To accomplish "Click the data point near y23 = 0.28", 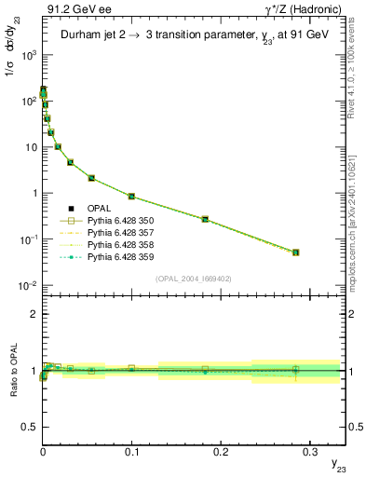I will (x=295, y=252).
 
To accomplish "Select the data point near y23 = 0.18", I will (x=205, y=219).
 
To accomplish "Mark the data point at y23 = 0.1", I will (x=131, y=197).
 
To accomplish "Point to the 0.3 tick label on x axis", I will (x=309, y=448).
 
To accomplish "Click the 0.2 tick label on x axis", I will (x=221, y=448).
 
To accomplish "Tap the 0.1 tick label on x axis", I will (x=131, y=448).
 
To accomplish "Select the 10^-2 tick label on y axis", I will (x=29, y=285).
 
